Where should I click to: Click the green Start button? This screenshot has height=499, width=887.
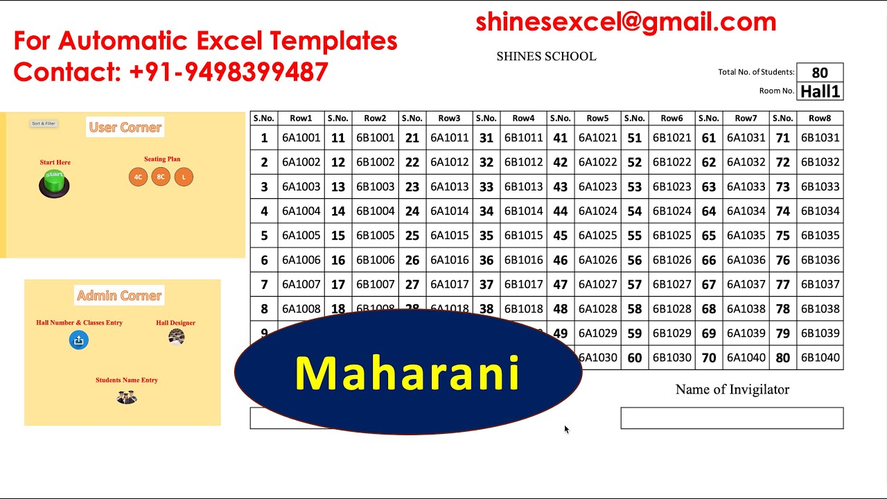click(54, 183)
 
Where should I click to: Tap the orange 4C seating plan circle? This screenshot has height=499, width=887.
click(139, 177)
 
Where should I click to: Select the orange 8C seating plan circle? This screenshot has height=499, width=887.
click(161, 177)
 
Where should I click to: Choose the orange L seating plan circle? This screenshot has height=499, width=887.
click(184, 177)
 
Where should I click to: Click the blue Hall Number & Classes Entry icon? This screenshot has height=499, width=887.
click(79, 340)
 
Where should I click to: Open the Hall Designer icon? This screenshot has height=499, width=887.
click(176, 337)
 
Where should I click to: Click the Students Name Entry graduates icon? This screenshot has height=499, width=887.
click(127, 397)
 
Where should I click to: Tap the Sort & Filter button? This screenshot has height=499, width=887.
click(44, 123)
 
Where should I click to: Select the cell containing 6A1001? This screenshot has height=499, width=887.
click(301, 138)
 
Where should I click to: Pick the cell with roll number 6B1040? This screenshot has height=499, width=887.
click(820, 358)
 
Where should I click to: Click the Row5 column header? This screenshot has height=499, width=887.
click(597, 119)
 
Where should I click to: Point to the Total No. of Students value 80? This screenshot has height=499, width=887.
click(820, 73)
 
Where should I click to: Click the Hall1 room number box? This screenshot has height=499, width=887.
click(820, 91)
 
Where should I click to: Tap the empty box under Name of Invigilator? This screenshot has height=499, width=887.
click(732, 418)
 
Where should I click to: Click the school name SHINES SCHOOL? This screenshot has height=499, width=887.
click(546, 57)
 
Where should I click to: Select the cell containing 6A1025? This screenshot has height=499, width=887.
click(597, 236)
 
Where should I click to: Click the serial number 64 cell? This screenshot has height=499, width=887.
click(708, 211)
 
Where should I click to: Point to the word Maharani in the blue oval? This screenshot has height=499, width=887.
click(407, 374)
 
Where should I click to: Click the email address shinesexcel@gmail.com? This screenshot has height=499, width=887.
click(626, 22)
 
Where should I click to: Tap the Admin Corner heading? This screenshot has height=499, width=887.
click(119, 296)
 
